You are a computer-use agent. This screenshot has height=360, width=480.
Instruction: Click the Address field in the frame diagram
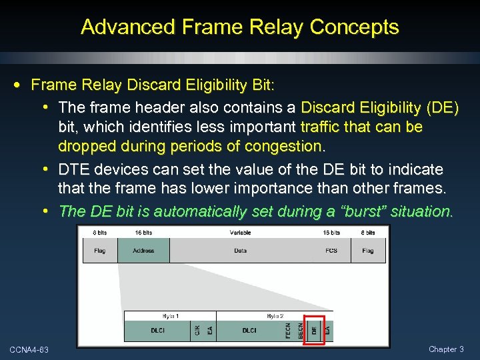coord(143,251)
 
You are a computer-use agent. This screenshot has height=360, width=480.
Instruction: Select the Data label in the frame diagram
coord(241,251)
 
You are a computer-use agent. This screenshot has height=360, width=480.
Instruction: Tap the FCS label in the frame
coord(331,251)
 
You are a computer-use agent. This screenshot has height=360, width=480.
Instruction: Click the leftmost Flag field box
coord(99,251)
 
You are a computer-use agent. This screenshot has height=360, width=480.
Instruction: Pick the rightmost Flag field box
coord(368,251)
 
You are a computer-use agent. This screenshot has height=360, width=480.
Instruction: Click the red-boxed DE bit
coord(314,330)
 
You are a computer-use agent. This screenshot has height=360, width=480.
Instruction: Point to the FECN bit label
coord(288,330)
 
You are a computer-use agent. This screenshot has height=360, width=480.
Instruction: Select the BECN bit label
coord(301,330)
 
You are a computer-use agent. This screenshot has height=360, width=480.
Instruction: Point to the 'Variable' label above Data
coord(241,233)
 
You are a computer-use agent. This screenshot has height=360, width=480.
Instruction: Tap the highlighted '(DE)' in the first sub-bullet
coord(441,107)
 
